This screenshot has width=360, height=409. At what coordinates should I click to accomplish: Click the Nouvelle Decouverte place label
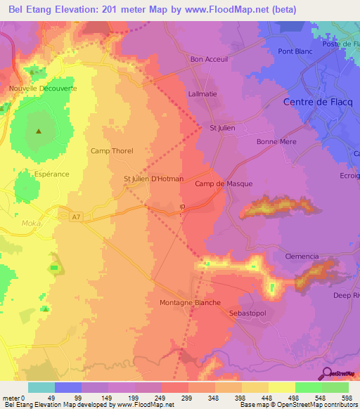pos(43,89)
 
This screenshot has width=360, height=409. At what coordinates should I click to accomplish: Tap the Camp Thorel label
pos(112,150)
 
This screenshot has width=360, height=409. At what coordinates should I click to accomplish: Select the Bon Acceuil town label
pos(210,59)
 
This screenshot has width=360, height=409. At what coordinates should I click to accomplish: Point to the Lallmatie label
pos(205,93)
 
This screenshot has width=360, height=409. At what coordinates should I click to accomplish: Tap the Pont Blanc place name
pos(295,51)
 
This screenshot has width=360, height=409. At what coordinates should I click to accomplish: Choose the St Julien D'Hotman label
pos(153,178)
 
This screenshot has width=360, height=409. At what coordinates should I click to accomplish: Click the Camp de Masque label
pos(223,183)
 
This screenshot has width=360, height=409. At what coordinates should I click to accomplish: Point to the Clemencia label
pos(302,257)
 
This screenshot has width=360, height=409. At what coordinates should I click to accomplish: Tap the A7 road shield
pos(65,217)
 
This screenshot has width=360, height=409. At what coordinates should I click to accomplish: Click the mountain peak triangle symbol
pos(39,131)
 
